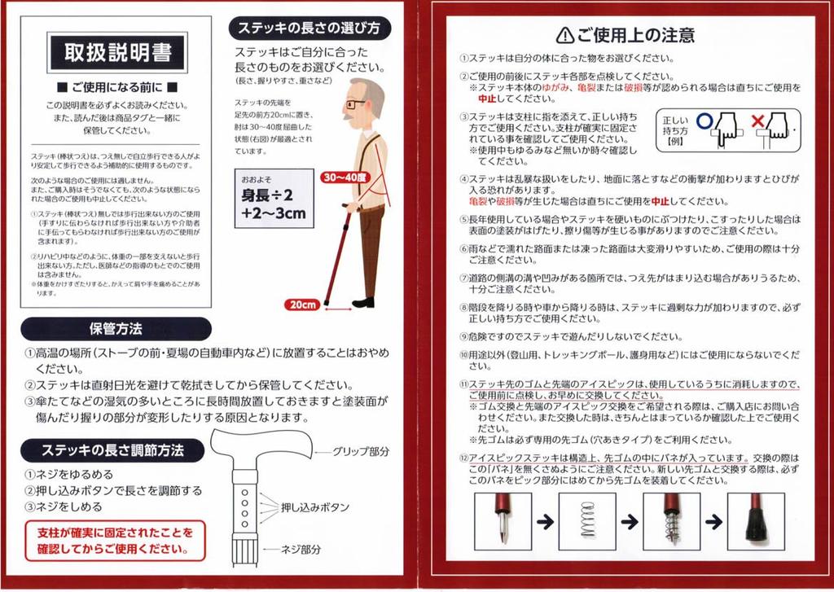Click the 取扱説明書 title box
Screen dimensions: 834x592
pos(117,52)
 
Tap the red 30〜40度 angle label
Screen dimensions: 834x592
pos(345,178)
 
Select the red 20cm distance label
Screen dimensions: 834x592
pos(302,305)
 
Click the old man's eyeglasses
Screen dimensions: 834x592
pos(355,103)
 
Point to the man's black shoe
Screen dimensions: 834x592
pos(363,303)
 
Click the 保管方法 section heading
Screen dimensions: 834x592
pos(116,329)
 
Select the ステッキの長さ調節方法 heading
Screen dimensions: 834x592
pos(112,451)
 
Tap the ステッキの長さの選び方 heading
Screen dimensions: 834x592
pos(309,29)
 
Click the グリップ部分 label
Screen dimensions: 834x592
pos(361,452)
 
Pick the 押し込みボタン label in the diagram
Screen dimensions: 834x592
pos(315,507)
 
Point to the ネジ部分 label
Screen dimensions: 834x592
pos(301,550)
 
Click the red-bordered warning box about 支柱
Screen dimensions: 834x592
pos(115,541)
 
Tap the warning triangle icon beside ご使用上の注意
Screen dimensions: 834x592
pos(565,35)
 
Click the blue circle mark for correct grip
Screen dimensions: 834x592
pos(704,121)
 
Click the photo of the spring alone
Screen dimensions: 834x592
pos(587,521)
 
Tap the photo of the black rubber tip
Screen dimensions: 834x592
pos(756,521)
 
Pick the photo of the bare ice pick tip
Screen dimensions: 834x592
pos(503,521)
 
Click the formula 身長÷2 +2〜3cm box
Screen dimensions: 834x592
pos(274,199)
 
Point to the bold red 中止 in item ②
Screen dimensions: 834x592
pos(487,99)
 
